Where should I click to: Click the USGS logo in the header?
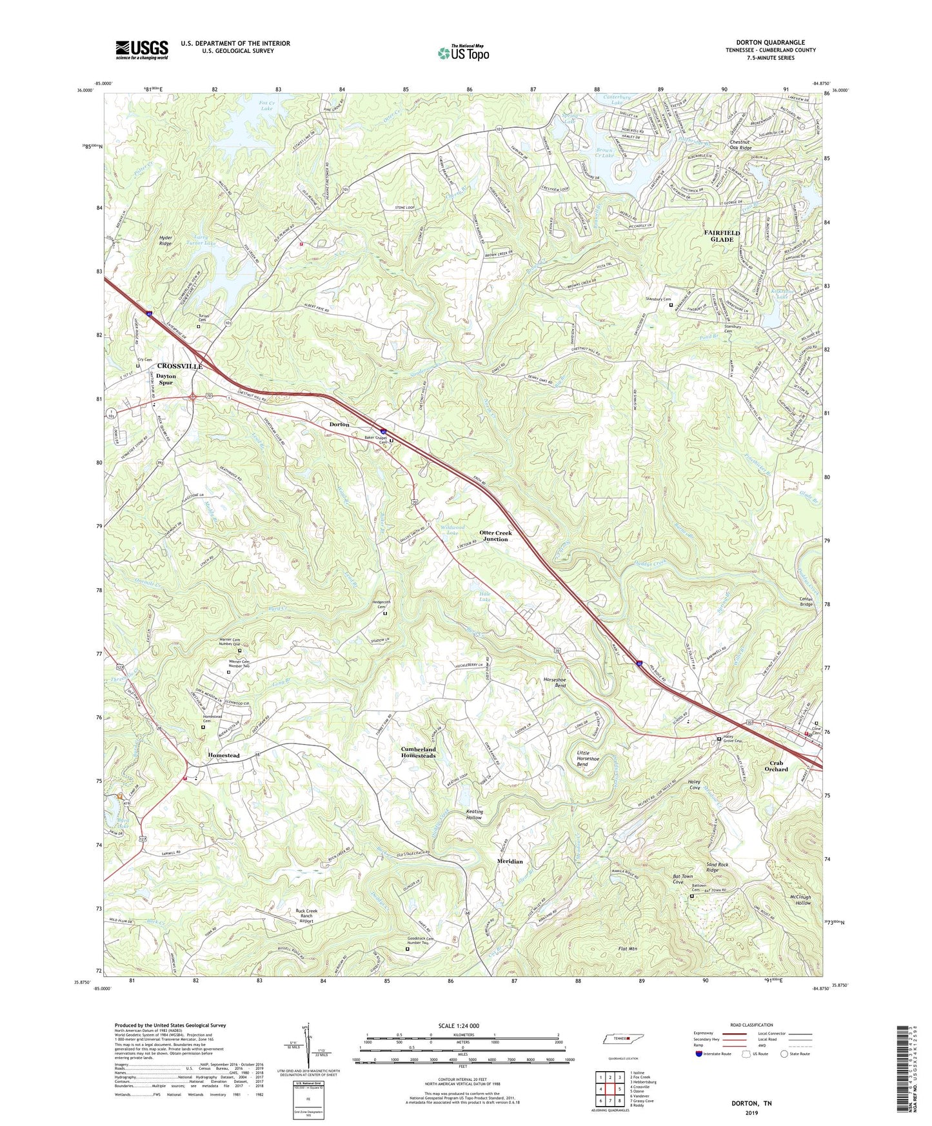[141, 50]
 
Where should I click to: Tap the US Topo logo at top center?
[462, 52]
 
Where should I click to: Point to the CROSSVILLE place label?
[180, 366]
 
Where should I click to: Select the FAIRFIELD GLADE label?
[722, 235]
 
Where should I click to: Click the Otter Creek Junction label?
[495, 536]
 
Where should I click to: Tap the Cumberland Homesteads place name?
[419, 753]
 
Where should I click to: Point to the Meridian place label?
[510, 861]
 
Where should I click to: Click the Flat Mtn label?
[627, 949]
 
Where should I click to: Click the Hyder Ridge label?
[169, 241]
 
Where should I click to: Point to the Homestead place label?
[224, 755]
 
